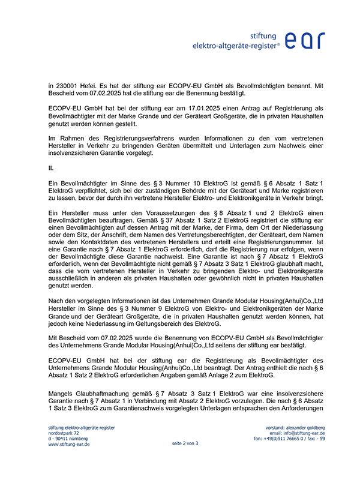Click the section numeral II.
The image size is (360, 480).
[51, 169]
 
